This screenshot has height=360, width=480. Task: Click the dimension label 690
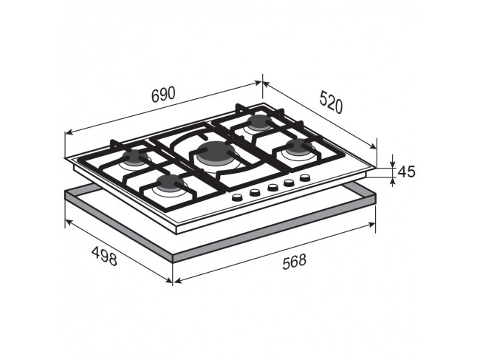coord(163,95)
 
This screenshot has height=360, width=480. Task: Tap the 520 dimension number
coord(331,102)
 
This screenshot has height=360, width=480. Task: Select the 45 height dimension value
coord(407,171)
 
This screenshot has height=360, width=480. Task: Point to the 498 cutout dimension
coord(104,256)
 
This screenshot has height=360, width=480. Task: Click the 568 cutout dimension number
coord(294,262)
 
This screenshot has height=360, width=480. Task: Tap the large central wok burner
coord(216,152)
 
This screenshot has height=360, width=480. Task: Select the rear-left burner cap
coord(135,157)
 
